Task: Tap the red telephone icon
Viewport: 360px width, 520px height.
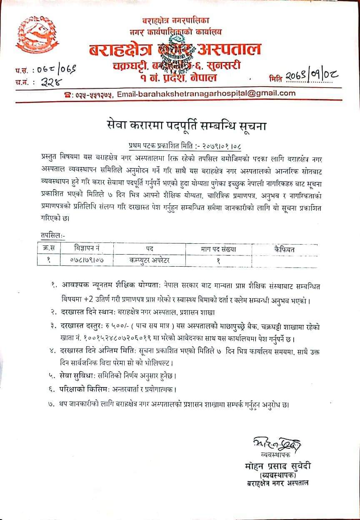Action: click(x=67, y=95)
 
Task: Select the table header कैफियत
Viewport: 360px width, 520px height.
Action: click(x=285, y=249)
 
